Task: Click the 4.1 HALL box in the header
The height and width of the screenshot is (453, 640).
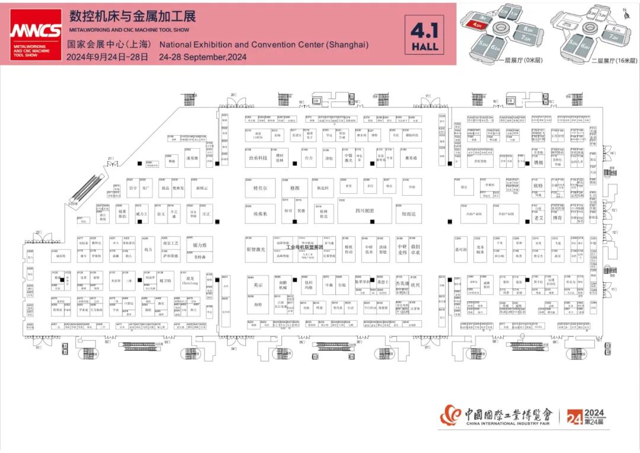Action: pyautogui.click(x=425, y=34)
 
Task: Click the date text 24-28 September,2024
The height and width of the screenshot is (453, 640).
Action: pyautogui.click(x=203, y=58)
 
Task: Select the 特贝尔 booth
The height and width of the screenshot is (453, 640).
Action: pyautogui.click(x=260, y=188)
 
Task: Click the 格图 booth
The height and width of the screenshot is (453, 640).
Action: pyautogui.click(x=295, y=188)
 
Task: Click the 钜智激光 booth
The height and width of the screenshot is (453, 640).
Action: pyautogui.click(x=260, y=250)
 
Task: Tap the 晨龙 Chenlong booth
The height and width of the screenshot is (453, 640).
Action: pyautogui.click(x=190, y=280)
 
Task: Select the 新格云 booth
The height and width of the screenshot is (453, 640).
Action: pyautogui.click(x=202, y=188)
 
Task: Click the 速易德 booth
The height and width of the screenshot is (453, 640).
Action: pyautogui.click(x=191, y=158)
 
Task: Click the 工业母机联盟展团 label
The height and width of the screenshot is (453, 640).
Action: pyautogui.click(x=305, y=247)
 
